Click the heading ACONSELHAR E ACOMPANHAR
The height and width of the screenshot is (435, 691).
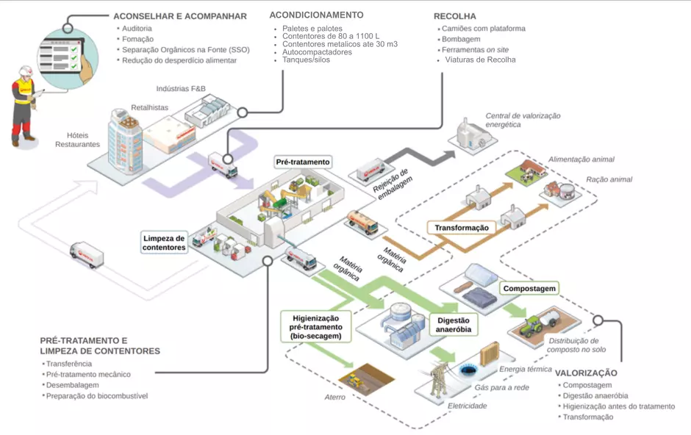tap(179, 16)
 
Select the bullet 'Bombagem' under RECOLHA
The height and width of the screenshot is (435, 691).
tap(461, 39)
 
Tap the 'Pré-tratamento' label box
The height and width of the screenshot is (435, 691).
tap(302, 162)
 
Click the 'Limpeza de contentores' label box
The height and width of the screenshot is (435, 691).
tap(164, 242)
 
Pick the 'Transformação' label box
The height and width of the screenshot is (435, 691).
tap(461, 228)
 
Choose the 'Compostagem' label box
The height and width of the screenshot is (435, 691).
tap(529, 289)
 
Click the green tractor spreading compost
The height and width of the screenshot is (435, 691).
tap(534, 328)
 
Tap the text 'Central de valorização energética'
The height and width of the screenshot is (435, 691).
tap(523, 121)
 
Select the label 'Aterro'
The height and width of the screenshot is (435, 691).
tap(334, 398)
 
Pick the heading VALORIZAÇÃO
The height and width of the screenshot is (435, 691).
tap(586, 373)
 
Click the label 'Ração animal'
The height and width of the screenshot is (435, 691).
tap(609, 179)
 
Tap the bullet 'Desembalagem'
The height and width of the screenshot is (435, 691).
tap(72, 385)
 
